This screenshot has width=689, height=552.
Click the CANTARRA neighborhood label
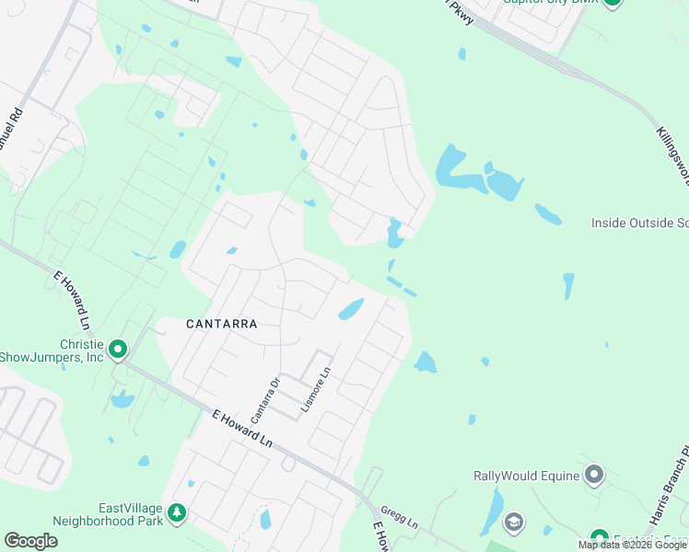(221, 324)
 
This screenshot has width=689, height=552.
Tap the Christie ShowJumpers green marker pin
(118, 350)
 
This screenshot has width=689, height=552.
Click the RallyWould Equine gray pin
(594, 475)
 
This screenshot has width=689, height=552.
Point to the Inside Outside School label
(639, 223)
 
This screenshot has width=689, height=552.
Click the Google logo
(30, 541)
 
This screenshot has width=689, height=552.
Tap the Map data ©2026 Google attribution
(633, 545)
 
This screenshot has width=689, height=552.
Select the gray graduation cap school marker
(513, 523)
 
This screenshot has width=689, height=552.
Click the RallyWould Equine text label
(526, 476)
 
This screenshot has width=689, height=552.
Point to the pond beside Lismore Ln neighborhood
(351, 309)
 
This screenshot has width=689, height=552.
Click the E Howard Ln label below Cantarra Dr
(241, 429)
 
